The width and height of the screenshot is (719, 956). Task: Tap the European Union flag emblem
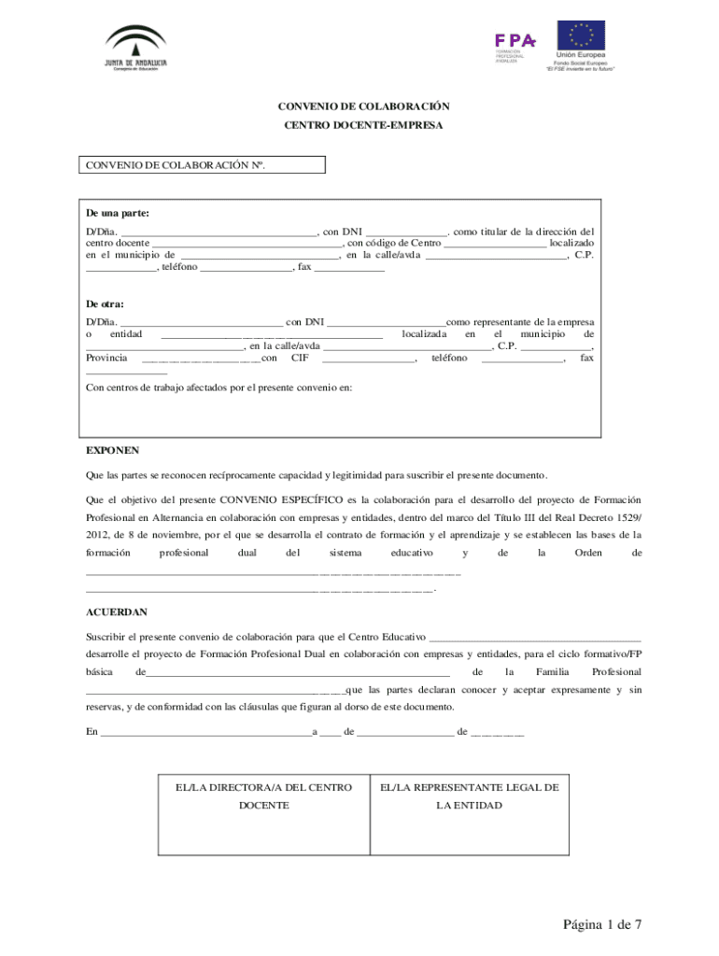(581, 36)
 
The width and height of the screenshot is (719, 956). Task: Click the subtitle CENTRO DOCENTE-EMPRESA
(359, 124)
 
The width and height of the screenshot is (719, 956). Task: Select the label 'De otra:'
(106, 304)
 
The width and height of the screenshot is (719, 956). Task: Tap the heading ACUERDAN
(117, 612)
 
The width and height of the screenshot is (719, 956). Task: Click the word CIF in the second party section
(300, 358)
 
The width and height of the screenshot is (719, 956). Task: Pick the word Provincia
(106, 358)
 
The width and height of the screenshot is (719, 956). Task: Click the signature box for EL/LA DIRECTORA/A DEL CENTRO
(264, 814)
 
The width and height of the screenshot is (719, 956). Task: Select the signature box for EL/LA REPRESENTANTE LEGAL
(469, 814)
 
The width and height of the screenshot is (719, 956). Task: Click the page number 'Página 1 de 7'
(602, 924)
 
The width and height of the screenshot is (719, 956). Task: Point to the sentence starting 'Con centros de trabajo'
(219, 387)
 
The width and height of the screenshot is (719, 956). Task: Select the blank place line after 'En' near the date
(205, 733)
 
